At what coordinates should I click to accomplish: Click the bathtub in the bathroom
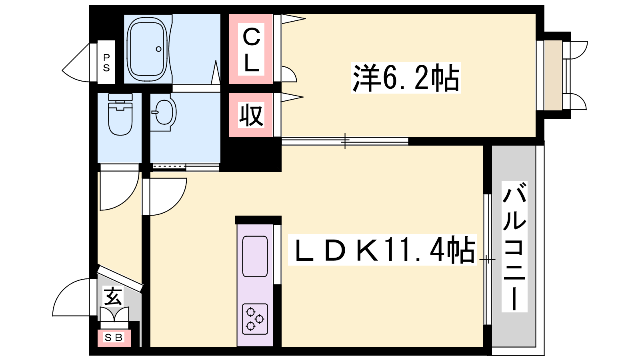pyautogui.click(x=147, y=49)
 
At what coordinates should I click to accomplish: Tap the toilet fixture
pyautogui.click(x=120, y=114)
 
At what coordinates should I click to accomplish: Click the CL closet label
pyautogui.click(x=251, y=50)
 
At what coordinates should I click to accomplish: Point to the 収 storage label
pyautogui.click(x=251, y=115)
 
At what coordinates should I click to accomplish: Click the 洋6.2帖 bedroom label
pyautogui.click(x=406, y=78)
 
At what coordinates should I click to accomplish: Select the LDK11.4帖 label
pyautogui.click(x=383, y=250)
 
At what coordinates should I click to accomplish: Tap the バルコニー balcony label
pyautogui.click(x=514, y=246)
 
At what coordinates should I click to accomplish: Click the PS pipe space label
pyautogui.click(x=106, y=62)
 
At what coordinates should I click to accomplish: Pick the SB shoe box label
pyautogui.click(x=114, y=338)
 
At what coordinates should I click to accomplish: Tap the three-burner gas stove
pyautogui.click(x=255, y=319)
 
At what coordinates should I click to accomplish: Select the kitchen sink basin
pyautogui.click(x=255, y=256)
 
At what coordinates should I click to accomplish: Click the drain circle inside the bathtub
pyautogui.click(x=158, y=49)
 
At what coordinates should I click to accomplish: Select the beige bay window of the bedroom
pyautogui.click(x=553, y=75)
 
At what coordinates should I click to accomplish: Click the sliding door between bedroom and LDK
pyautogui.click(x=345, y=141)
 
